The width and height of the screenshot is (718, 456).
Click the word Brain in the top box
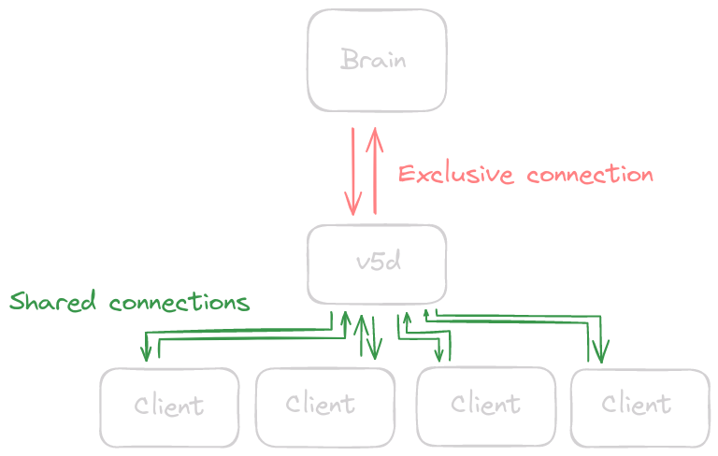pyautogui.click(x=374, y=61)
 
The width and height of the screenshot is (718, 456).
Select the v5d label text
pyautogui.click(x=379, y=263)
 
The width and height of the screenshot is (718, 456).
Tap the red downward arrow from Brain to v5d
pyautogui.click(x=353, y=168)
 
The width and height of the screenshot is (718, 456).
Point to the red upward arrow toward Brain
pyautogui.click(x=375, y=168)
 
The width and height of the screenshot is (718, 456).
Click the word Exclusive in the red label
pyautogui.click(x=456, y=175)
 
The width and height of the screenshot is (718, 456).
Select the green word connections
pyautogui.click(x=179, y=303)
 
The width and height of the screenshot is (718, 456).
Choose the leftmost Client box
pyautogui.click(x=169, y=406)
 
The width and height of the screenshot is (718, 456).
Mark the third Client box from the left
pyautogui.click(x=485, y=404)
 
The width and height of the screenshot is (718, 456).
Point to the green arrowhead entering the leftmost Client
pyautogui.click(x=146, y=354)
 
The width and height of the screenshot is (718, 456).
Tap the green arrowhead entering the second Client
pyautogui.click(x=375, y=352)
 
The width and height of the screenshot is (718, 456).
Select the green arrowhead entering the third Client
pyautogui.click(x=439, y=353)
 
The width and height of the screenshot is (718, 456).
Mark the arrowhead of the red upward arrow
pyautogui.click(x=375, y=135)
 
